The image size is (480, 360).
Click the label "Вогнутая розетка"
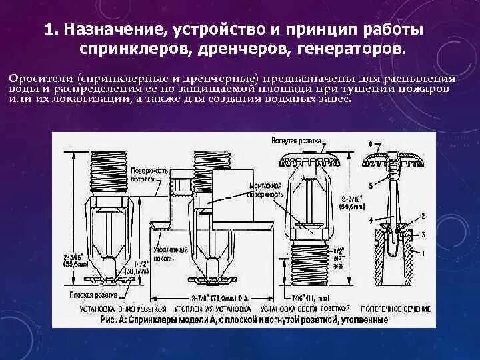click(x=297, y=141)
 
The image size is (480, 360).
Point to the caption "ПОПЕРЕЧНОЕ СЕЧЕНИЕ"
click(x=395, y=309)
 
